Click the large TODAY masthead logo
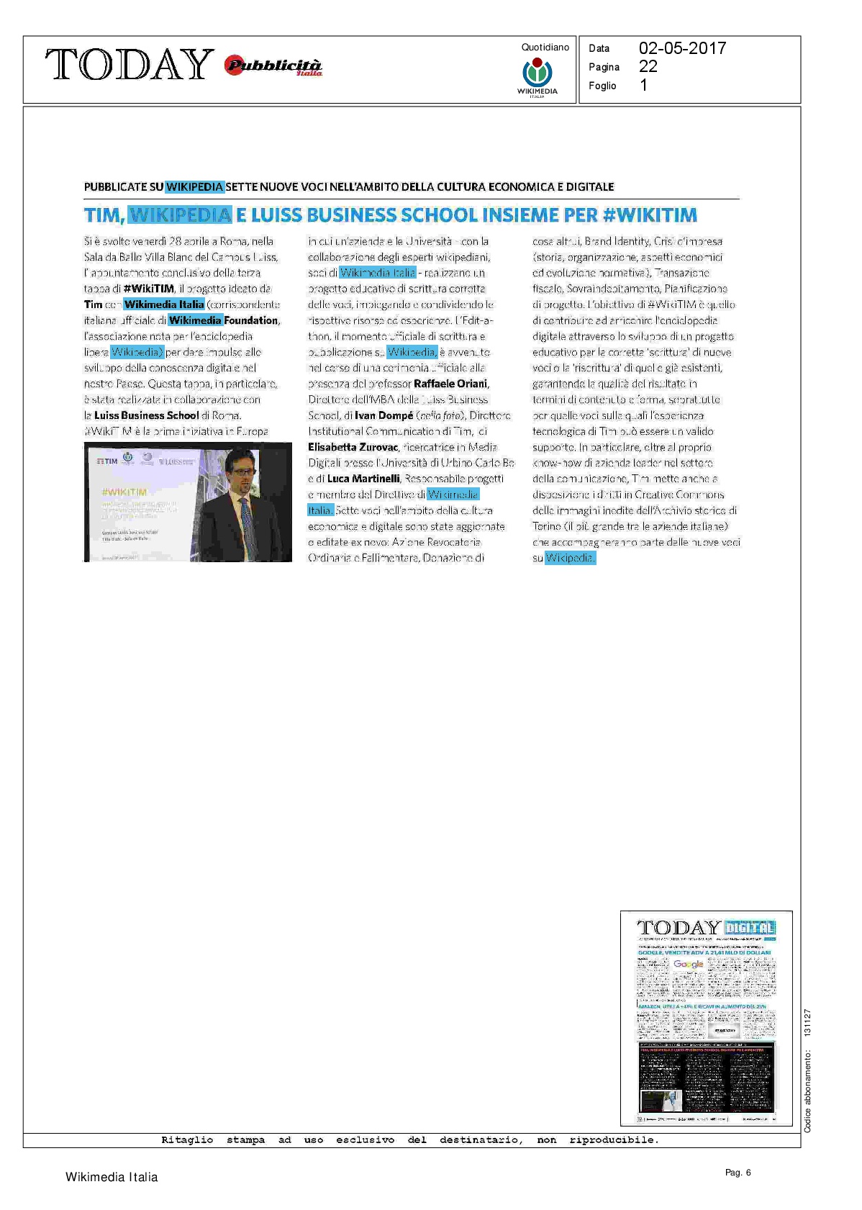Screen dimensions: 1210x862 130,65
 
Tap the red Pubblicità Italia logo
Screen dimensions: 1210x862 273,66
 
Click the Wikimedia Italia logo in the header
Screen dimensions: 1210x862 537,77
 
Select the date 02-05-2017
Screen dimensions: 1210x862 682,48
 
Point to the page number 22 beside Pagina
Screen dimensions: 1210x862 648,66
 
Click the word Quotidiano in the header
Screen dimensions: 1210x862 545,48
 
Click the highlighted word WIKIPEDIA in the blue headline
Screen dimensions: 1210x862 181,215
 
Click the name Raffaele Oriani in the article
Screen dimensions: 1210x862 450,384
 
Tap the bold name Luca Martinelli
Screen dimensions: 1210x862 363,479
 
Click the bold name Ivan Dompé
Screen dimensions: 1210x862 384,415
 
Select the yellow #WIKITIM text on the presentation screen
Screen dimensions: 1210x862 124,492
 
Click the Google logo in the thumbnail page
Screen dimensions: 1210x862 689,965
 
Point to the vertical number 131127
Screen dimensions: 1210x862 807,1023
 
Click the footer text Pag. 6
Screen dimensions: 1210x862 738,1173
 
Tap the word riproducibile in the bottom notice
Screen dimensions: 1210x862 613,1140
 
